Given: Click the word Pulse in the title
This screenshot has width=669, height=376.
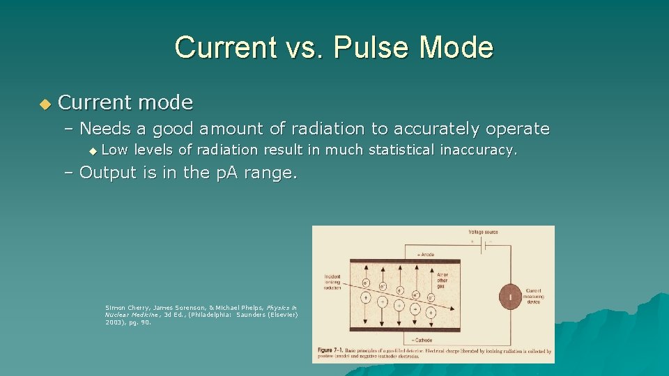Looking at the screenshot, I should tap(367, 47).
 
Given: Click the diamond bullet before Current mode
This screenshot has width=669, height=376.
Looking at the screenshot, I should tap(45, 104).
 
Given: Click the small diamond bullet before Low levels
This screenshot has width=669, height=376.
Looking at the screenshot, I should tap(94, 150).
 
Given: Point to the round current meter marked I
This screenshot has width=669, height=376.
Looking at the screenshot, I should tap(510, 297).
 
